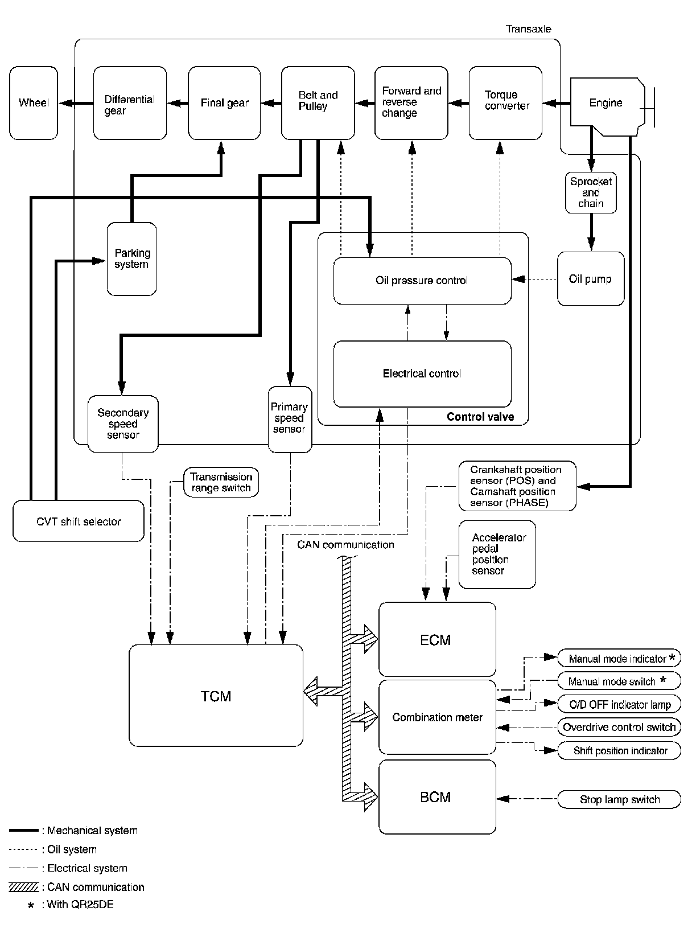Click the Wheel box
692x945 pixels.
[34, 103]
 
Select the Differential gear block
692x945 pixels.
[130, 103]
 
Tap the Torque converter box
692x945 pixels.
[505, 103]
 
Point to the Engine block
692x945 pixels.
[606, 103]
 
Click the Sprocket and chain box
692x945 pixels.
[591, 192]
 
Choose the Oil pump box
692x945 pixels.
[591, 279]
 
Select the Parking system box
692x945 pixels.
[131, 259]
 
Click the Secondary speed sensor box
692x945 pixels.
[123, 424]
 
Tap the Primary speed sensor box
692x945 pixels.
[290, 420]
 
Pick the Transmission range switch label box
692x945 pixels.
[221, 483]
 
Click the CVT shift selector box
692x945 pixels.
[79, 521]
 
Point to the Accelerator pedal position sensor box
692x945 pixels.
[497, 554]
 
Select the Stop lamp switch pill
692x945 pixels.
[619, 799]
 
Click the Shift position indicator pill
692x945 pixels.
[619, 750]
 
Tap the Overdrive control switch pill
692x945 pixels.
[619, 727]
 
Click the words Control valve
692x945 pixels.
[480, 417]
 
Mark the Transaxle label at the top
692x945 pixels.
[528, 29]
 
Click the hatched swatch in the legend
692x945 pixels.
[24, 887]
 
